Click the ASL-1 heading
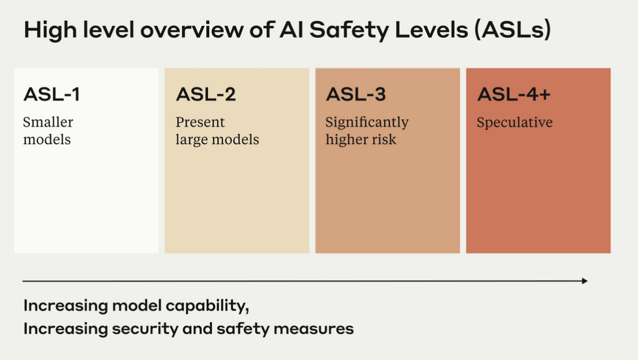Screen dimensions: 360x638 [x=51, y=95]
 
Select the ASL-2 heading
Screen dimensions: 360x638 [x=206, y=95]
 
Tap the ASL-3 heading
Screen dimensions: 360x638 [x=356, y=95]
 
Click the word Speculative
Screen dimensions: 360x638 [x=515, y=123]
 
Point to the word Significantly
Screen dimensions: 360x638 [x=367, y=122]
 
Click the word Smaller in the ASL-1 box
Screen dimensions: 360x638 [x=48, y=122]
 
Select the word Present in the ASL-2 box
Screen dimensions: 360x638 [x=200, y=122]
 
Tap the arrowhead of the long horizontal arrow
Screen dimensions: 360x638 [x=584, y=281]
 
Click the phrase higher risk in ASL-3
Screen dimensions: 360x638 [x=361, y=140]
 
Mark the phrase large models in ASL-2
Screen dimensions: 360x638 [x=217, y=140]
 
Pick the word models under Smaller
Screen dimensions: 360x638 [x=47, y=140]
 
